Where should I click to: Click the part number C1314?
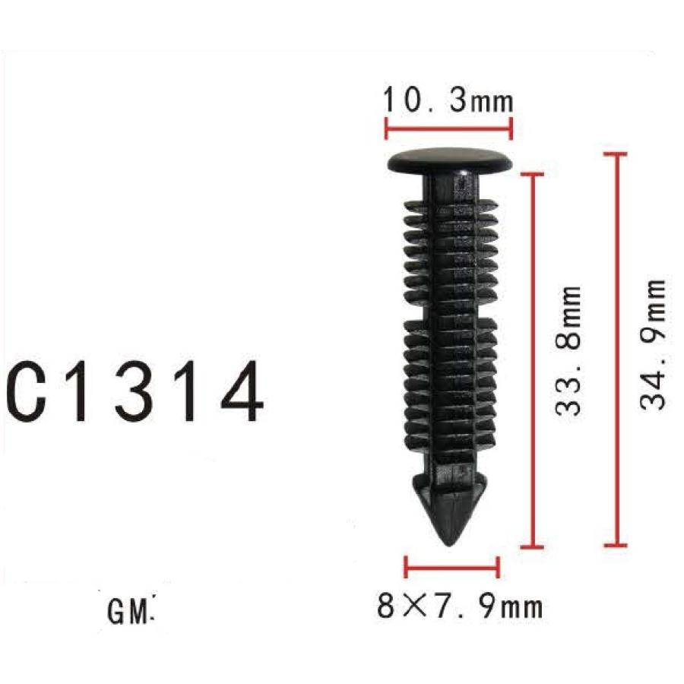[x=135, y=394]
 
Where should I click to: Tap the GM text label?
[x=130, y=611]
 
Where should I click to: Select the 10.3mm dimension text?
[x=447, y=100]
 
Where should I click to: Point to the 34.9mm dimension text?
[x=653, y=344]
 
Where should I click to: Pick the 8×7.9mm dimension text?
[x=460, y=606]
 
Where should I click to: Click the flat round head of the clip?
[x=448, y=160]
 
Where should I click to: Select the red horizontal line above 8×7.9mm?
[x=452, y=567]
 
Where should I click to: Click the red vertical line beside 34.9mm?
[x=616, y=350]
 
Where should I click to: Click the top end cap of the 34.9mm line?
[x=616, y=154]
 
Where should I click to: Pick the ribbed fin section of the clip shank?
[x=448, y=327]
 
